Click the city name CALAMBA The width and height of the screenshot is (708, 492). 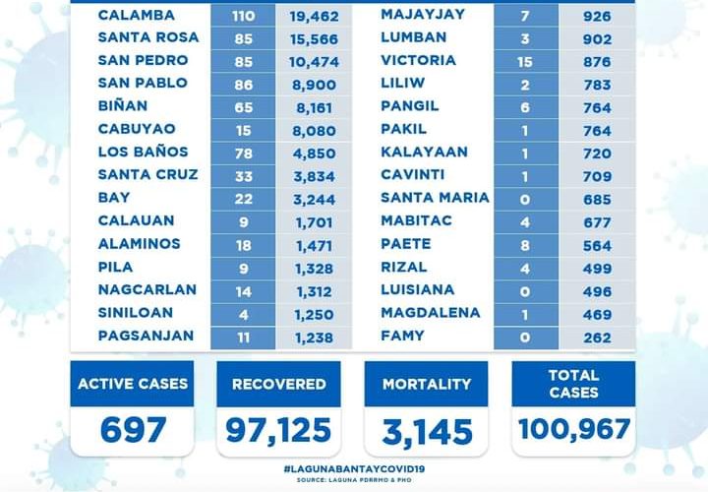pos(137,15)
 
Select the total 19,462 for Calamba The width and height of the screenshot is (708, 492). pos(313,16)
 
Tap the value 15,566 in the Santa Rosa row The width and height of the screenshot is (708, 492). pos(313,38)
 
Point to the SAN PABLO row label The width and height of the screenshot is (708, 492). pos(143,83)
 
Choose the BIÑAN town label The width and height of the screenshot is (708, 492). pos(125,105)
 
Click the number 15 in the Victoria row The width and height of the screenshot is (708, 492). pos(527,61)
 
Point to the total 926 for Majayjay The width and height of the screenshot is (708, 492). pos(596,16)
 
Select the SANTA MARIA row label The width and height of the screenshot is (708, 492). pos(435,197)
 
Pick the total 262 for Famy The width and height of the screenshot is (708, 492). pos(596,336)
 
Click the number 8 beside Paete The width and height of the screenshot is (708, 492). pos(527,244)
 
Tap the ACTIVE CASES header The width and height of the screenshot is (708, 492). pos(132,384)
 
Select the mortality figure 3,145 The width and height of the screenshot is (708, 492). pos(426,430)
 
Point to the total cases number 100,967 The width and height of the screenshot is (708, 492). pos(573,430)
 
